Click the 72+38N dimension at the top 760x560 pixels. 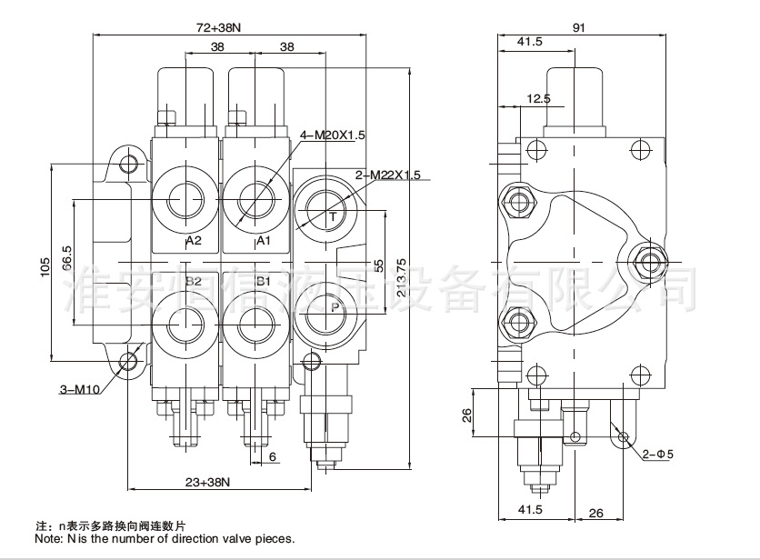click(219, 27)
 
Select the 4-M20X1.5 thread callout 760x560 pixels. click(332, 135)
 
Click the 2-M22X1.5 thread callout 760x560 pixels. click(387, 175)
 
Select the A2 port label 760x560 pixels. click(193, 241)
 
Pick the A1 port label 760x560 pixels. click(265, 241)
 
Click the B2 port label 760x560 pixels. click(193, 282)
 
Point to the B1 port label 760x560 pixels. click(265, 282)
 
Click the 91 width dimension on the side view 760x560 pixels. click(578, 27)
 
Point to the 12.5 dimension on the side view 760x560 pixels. click(538, 98)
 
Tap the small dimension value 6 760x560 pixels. click(273, 457)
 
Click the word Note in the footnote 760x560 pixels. click(48, 539)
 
